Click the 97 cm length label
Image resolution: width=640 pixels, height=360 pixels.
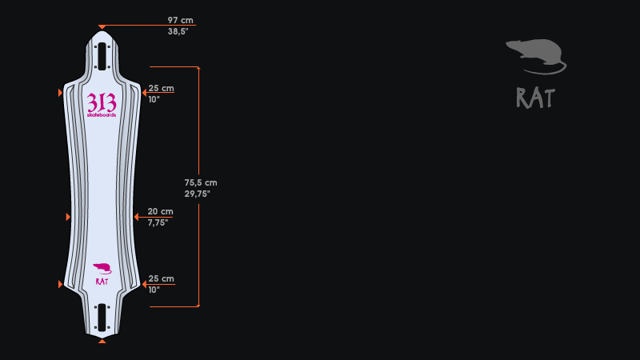point(181,20)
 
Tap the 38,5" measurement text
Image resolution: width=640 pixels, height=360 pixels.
point(178,31)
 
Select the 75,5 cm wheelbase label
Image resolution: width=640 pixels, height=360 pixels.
point(201,182)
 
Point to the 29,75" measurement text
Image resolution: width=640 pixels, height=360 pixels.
point(197,194)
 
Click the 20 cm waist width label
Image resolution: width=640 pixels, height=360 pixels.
point(161,211)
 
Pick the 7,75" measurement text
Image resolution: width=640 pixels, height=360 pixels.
point(158,222)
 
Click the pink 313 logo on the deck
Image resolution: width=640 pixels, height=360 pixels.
point(102,102)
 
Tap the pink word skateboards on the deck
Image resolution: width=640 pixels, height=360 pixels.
point(102,115)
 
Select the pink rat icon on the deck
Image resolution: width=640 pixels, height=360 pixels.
point(102,269)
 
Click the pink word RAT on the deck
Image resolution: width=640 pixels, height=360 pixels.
point(102,282)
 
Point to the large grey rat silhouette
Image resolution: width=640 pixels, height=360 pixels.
point(536,57)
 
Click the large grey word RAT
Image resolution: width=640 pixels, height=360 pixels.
point(535,98)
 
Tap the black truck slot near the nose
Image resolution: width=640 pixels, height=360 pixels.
point(102,56)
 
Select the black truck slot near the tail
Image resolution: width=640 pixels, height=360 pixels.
point(102,317)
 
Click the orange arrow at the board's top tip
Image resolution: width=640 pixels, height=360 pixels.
point(102,27)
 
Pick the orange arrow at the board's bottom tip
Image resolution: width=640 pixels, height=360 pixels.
point(102,341)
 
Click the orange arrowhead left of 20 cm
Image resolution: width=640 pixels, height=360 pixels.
point(136,217)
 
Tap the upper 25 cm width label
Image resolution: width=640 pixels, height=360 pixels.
point(162,88)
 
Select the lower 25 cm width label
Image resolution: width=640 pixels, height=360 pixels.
point(162,278)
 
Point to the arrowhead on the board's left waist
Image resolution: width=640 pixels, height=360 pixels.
point(68,217)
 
